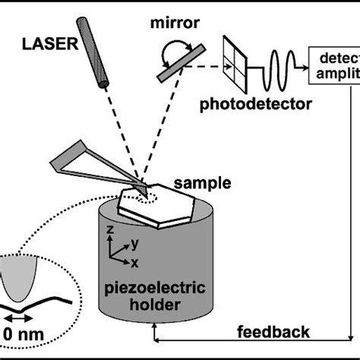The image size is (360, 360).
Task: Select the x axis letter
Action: coord(134,262)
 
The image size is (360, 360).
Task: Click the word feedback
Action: coord(273,332)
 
